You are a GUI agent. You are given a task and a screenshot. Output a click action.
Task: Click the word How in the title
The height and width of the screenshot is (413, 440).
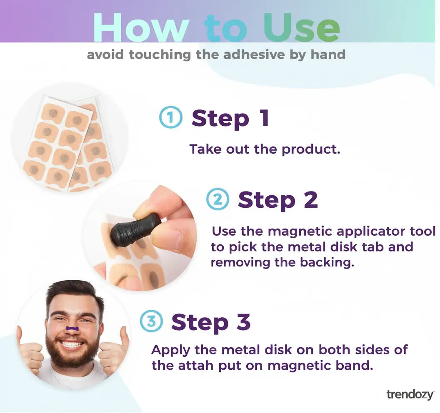[x=141, y=28]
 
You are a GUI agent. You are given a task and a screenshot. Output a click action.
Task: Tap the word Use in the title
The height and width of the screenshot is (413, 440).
[x=301, y=28]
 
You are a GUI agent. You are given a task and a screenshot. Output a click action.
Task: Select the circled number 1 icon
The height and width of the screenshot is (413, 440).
[x=170, y=117]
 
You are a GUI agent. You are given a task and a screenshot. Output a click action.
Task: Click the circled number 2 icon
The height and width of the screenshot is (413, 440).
[x=217, y=199]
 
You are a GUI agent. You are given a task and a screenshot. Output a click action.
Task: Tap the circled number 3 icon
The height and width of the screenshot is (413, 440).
[x=150, y=321]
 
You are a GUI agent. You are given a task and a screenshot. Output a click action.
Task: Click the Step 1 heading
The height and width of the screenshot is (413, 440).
[x=230, y=118]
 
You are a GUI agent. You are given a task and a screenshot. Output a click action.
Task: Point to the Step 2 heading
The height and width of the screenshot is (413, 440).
[x=277, y=200]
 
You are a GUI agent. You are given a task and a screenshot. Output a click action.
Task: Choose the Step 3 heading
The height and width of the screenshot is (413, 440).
[x=211, y=322]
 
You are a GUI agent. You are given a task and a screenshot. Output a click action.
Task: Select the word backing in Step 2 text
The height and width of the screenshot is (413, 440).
[x=330, y=263]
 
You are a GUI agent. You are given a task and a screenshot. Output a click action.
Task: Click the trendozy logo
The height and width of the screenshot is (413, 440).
[x=410, y=394]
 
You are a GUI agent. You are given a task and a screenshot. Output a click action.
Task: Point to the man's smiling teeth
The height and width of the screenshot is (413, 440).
[x=72, y=345]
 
